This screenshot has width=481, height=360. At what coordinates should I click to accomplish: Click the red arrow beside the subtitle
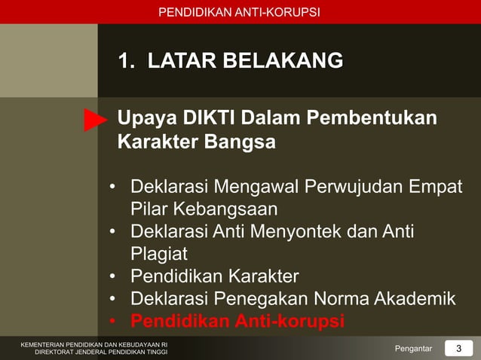point(94,120)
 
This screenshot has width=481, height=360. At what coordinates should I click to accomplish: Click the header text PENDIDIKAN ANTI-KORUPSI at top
point(239,12)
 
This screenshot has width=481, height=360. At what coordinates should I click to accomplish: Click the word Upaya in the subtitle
point(142,119)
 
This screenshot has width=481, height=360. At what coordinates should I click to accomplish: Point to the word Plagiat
point(159,253)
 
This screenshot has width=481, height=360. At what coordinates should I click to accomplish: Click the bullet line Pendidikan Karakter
point(214,276)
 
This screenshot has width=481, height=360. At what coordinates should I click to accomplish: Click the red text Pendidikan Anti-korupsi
point(237,321)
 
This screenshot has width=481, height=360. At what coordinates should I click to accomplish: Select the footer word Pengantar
point(413,348)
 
